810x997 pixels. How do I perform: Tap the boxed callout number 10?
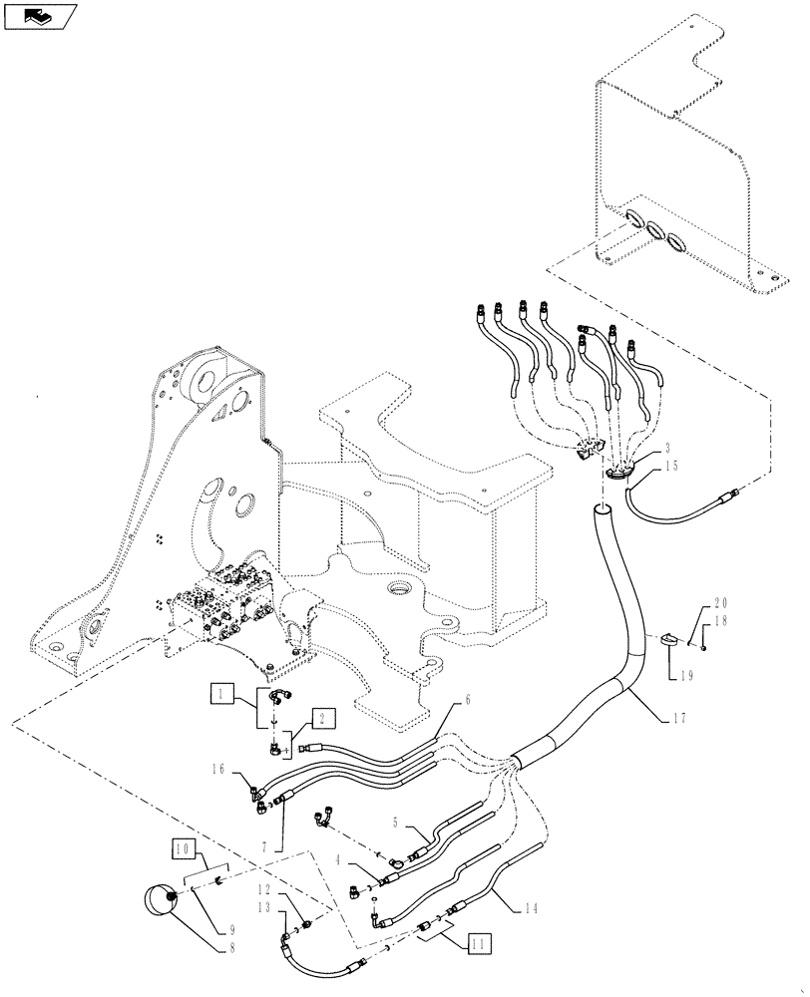coord(183,850)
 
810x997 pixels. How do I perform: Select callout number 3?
coord(665,449)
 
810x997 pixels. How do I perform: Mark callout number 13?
coord(263,907)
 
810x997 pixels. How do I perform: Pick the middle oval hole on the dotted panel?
coord(652,231)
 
